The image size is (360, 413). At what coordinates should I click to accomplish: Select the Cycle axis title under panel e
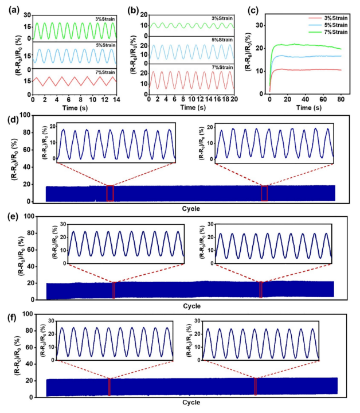pos(191,306)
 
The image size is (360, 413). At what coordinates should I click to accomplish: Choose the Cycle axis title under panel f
pos(191,403)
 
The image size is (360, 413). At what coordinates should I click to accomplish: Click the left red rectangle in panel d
pos(110,193)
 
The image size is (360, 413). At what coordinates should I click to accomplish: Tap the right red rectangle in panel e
pos(261,290)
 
